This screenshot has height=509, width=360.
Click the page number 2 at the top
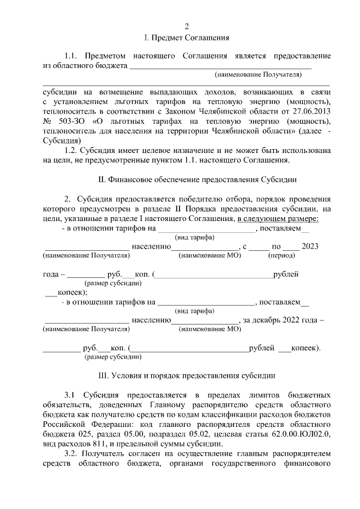click(187, 26)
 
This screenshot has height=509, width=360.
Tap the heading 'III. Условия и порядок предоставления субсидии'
click(187, 375)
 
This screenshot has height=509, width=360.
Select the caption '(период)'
click(280, 255)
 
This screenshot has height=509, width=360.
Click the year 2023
click(312, 246)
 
